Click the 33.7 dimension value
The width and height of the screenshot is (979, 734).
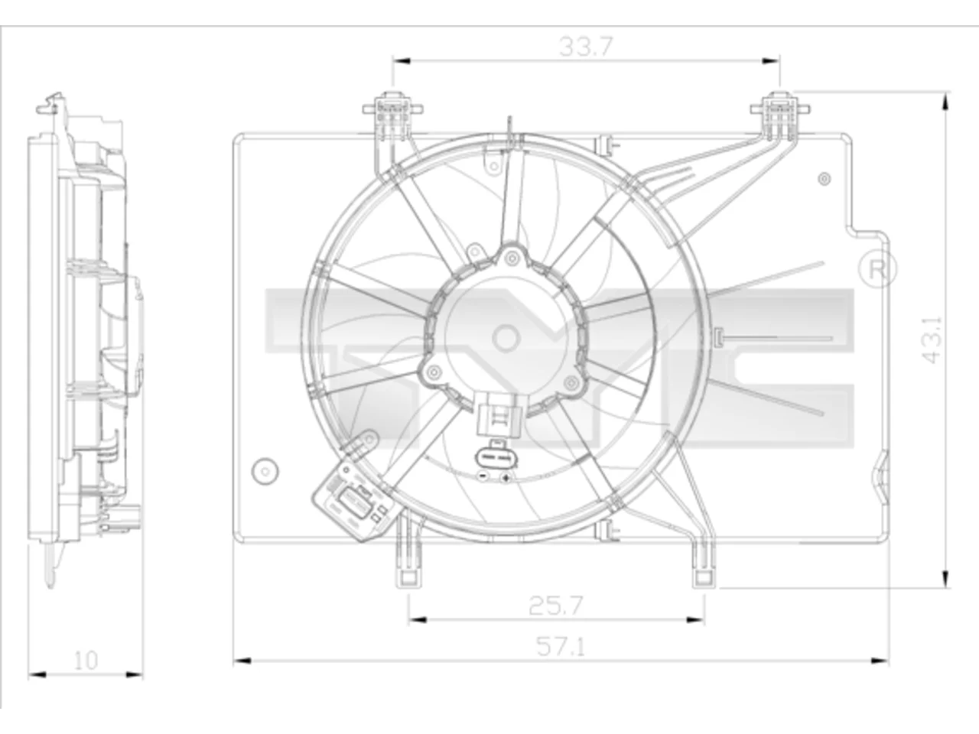(x=586, y=47)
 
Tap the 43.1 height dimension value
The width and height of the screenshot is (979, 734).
(x=932, y=339)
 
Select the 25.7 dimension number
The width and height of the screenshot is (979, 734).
(x=556, y=606)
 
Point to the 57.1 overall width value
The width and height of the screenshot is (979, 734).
(x=560, y=647)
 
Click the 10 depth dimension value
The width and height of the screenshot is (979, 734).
(x=85, y=661)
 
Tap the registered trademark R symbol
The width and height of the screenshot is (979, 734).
(x=877, y=269)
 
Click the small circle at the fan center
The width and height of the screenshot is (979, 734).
(x=506, y=339)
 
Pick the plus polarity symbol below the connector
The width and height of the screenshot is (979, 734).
(x=506, y=479)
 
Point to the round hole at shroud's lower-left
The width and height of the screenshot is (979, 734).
(x=265, y=471)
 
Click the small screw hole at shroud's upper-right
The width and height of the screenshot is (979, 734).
(x=825, y=179)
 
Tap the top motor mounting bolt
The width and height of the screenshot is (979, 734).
(x=512, y=257)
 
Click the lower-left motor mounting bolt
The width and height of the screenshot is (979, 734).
(x=434, y=372)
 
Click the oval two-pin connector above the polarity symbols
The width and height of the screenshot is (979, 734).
(x=497, y=457)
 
